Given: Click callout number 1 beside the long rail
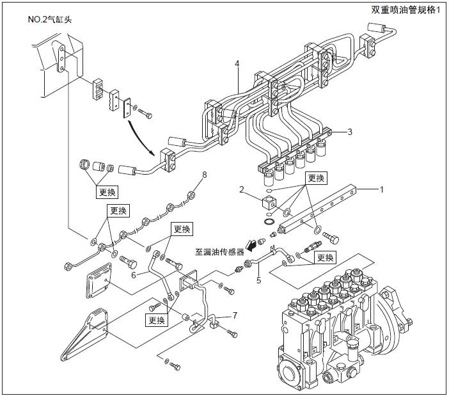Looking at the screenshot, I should (x=382, y=189).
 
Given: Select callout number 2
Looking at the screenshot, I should (x=242, y=189).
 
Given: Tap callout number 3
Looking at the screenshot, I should (x=350, y=132).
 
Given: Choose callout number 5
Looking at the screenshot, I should (x=258, y=279).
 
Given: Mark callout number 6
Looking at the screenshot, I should (x=134, y=274).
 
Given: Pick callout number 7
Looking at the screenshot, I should (x=235, y=315).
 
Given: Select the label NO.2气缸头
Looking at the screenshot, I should (x=50, y=20).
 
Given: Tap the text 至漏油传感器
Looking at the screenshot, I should (x=220, y=251).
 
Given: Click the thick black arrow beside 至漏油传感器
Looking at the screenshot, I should (x=258, y=244).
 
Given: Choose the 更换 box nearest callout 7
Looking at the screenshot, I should (x=157, y=320).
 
